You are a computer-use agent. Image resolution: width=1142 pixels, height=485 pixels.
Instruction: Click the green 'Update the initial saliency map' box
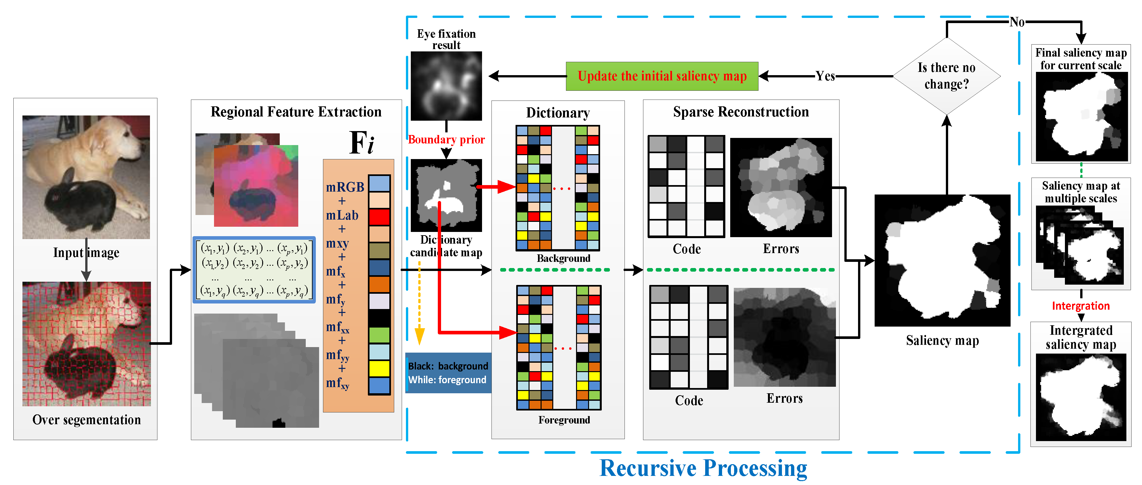[x=662, y=76]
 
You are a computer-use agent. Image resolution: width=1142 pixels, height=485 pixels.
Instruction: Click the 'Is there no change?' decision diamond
[x=946, y=76]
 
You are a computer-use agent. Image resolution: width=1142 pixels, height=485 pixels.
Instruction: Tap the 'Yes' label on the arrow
[x=825, y=76]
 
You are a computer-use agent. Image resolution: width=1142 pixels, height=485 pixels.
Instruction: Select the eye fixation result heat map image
[x=446, y=86]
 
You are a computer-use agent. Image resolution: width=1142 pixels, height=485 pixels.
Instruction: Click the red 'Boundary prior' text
[x=446, y=140]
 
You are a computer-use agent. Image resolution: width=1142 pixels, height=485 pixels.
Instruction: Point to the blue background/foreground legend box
[x=448, y=373]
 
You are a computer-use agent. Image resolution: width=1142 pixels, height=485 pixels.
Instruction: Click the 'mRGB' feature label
[x=345, y=187]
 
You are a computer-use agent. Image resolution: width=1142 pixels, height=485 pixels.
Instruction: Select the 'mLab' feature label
[x=342, y=215]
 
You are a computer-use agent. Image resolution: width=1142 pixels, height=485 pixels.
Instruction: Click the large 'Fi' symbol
[x=361, y=143]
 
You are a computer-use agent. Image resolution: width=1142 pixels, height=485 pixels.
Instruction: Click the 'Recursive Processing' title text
[x=703, y=468]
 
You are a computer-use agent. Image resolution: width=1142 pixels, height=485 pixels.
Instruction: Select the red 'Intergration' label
[x=1081, y=306]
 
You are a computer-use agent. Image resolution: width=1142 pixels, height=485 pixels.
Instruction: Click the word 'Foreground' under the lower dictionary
[x=564, y=420]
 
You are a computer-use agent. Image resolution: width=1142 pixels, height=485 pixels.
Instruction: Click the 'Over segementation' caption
[x=87, y=419]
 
